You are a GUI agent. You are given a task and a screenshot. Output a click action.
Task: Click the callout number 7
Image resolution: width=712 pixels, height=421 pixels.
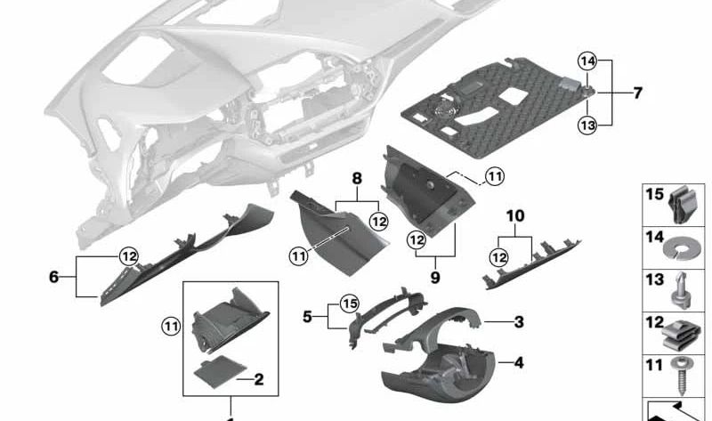(x=637, y=93)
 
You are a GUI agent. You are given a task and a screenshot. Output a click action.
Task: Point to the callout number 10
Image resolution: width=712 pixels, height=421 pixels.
(x=516, y=216)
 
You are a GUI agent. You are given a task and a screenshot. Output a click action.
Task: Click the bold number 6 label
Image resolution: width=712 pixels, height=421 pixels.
(x=53, y=278)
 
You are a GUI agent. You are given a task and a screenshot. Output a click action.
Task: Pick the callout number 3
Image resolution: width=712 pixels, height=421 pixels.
(x=519, y=320)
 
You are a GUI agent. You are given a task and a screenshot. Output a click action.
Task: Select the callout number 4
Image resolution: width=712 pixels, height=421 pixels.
(x=519, y=362)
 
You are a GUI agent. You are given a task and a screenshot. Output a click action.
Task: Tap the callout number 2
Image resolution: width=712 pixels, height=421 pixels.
(x=259, y=380)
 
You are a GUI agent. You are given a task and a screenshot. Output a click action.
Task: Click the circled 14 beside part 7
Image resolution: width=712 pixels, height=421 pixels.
(x=586, y=61)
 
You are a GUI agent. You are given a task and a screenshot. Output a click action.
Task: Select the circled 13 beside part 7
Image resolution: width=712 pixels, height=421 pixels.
(x=586, y=125)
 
